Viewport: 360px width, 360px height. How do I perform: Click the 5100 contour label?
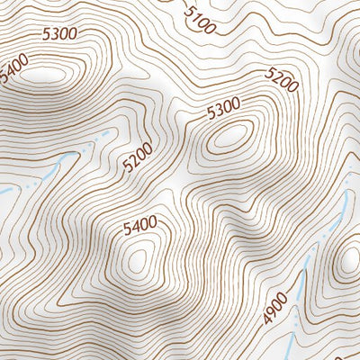click(199, 19)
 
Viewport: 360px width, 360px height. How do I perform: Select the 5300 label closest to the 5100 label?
click(224, 110)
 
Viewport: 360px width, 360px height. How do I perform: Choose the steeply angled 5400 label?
click(14, 69)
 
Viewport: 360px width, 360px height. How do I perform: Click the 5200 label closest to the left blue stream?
click(139, 158)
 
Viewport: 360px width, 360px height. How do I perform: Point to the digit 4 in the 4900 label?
click(267, 319)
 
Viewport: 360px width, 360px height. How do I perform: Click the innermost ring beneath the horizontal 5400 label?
click(137, 261)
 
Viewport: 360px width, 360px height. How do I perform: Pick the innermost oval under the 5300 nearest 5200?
click(229, 138)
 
